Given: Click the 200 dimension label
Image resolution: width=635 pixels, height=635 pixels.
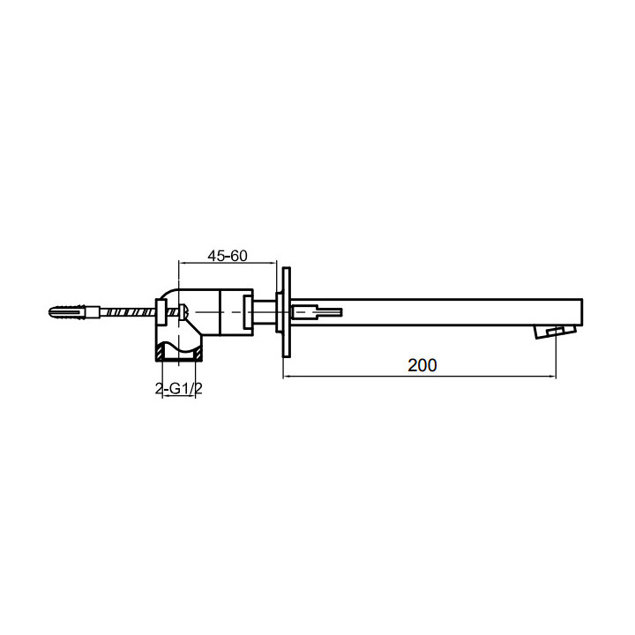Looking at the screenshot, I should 422,363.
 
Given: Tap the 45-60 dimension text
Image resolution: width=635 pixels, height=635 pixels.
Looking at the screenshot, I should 228,256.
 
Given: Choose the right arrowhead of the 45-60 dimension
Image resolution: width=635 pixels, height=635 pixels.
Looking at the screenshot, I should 273,264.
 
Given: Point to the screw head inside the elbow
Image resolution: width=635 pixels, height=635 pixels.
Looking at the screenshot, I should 184,310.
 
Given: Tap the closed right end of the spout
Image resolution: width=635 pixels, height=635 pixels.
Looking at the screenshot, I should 582,310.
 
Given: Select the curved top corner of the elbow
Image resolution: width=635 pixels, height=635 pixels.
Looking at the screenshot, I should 169,295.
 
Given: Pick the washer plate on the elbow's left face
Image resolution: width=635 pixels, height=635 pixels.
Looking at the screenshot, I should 161,310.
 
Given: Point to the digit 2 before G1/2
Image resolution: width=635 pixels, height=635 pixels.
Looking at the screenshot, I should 160,389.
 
